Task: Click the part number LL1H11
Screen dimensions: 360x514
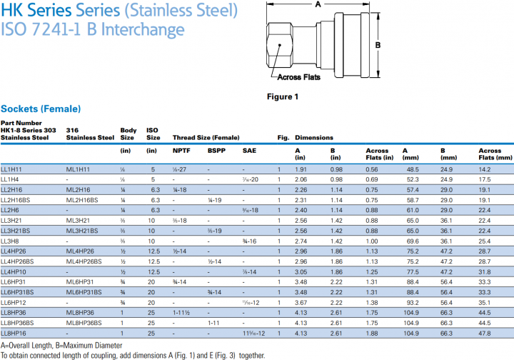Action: (x=10, y=169)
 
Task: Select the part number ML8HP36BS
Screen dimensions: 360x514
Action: (x=83, y=323)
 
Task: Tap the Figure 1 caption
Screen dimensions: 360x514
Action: (x=283, y=96)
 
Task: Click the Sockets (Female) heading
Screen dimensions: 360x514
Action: (x=41, y=109)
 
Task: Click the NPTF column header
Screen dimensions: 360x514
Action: (x=181, y=151)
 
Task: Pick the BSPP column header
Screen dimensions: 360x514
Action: (x=216, y=151)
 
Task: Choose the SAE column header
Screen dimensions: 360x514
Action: (x=249, y=151)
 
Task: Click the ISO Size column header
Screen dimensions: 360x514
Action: (x=153, y=133)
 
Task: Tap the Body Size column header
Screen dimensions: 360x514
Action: (x=128, y=133)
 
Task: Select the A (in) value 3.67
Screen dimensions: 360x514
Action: (x=301, y=303)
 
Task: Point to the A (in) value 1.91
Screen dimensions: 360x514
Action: (x=301, y=169)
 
